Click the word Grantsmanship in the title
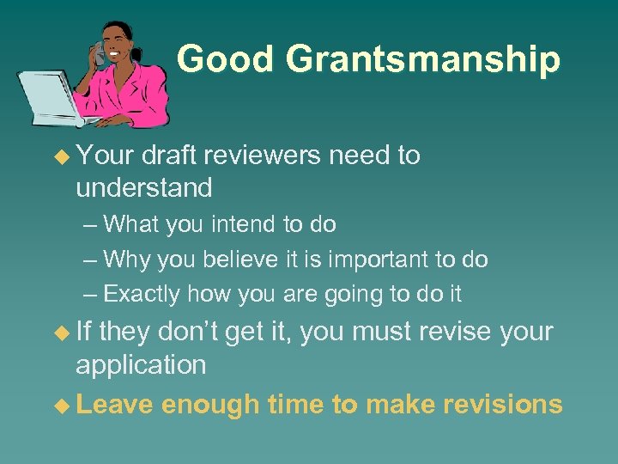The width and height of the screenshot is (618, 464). [422, 60]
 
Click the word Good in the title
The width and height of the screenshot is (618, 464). [226, 58]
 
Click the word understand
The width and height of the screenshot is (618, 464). [143, 187]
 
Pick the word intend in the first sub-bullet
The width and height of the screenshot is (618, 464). [250, 224]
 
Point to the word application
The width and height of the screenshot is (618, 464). [141, 365]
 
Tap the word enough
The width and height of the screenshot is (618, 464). [209, 404]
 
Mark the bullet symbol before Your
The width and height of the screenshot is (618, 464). [59, 156]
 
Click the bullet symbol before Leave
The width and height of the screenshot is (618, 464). [59, 404]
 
